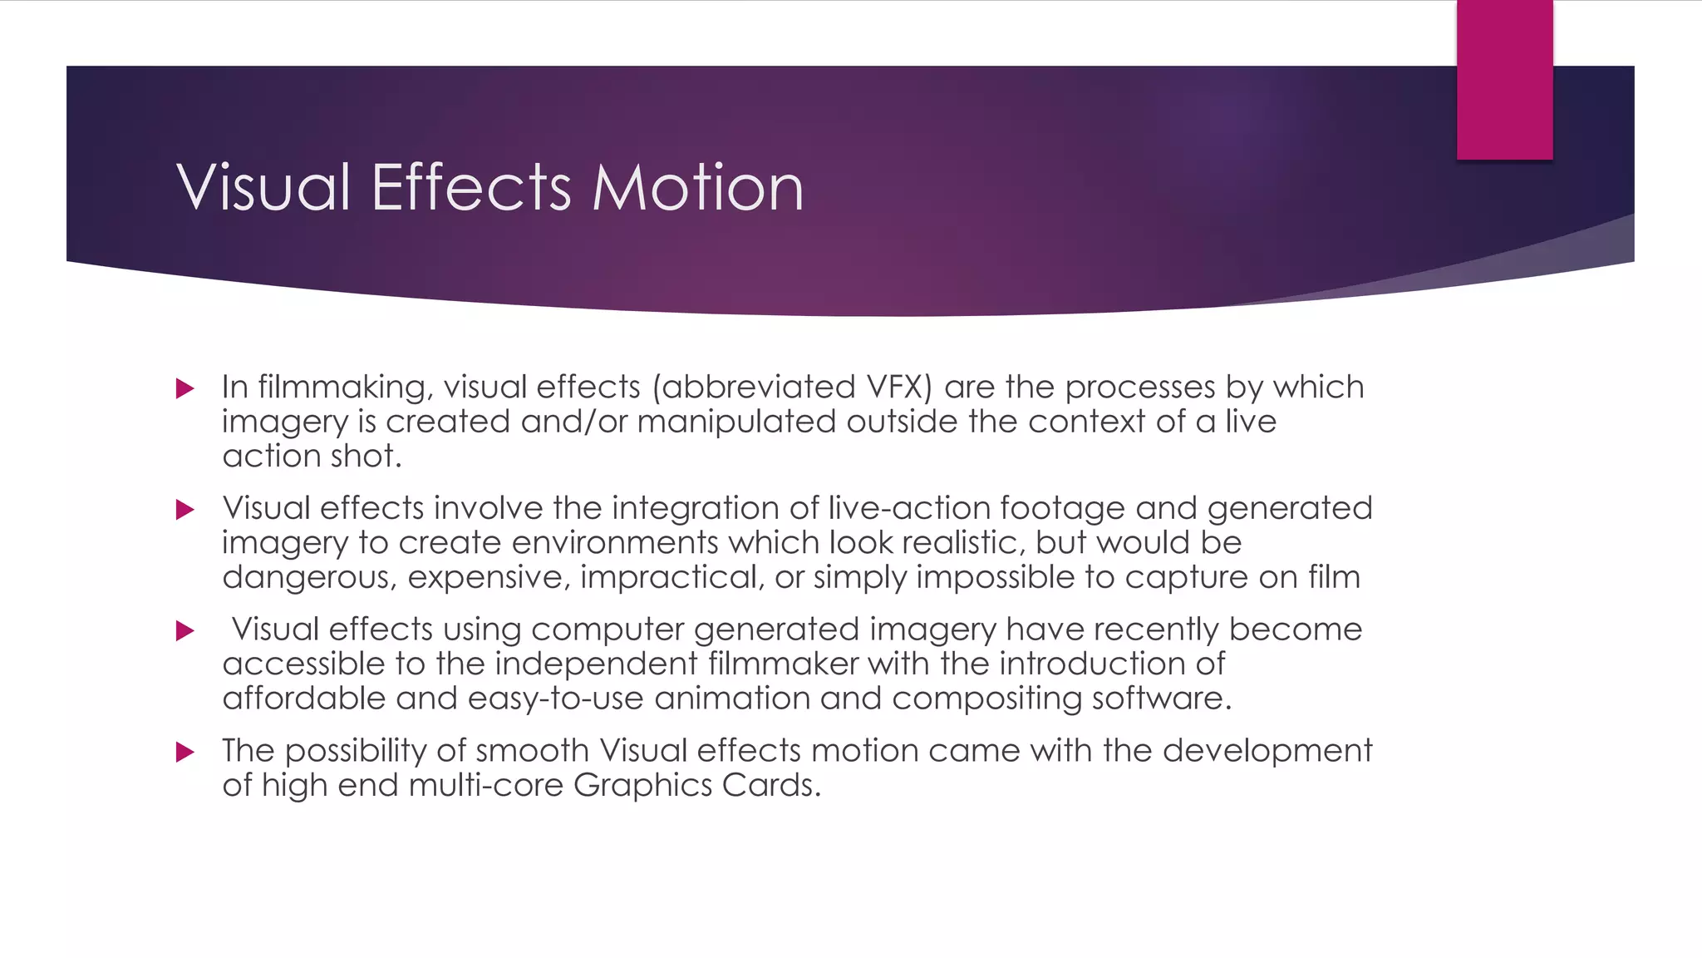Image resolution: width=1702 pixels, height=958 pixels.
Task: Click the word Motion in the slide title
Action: (x=698, y=187)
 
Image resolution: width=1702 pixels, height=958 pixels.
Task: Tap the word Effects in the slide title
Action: (x=471, y=187)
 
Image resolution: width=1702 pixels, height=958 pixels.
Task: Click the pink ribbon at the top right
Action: (x=1504, y=79)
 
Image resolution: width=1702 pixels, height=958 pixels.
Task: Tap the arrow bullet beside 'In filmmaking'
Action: (x=185, y=388)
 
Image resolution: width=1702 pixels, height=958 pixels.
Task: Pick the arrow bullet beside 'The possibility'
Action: (x=185, y=753)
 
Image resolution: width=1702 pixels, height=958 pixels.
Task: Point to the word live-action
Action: (x=909, y=508)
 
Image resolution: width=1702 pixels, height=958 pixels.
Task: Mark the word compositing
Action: (x=986, y=699)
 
